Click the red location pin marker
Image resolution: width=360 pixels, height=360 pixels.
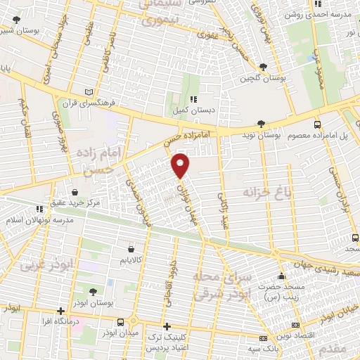pyautogui.click(x=181, y=165)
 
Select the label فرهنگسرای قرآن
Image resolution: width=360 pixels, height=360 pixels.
pyautogui.click(x=57, y=100)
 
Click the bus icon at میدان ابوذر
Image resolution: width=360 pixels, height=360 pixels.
pyautogui.click(x=121, y=322)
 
